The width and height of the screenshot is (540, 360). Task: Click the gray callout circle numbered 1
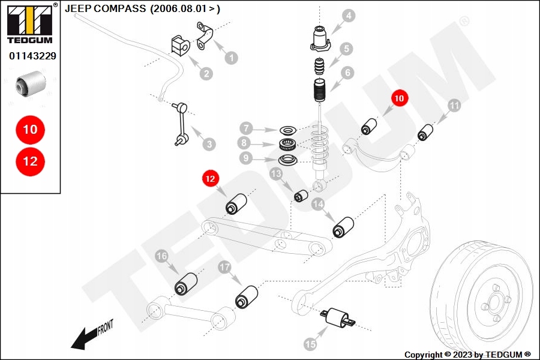(x=231, y=58)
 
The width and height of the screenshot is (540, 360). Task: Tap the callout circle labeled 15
(x=310, y=344)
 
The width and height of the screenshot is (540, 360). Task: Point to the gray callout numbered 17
(x=224, y=268)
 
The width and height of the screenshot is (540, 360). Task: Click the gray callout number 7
(x=245, y=128)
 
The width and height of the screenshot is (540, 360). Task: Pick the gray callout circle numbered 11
(x=454, y=106)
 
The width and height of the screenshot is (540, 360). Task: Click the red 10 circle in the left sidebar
(x=30, y=129)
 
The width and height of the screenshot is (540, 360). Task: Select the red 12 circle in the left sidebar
(x=30, y=161)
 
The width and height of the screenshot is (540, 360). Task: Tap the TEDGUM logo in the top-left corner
(x=29, y=24)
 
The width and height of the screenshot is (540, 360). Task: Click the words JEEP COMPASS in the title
(x=105, y=9)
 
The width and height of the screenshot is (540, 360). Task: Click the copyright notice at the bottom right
(x=467, y=355)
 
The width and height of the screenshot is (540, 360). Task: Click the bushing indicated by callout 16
(x=185, y=284)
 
